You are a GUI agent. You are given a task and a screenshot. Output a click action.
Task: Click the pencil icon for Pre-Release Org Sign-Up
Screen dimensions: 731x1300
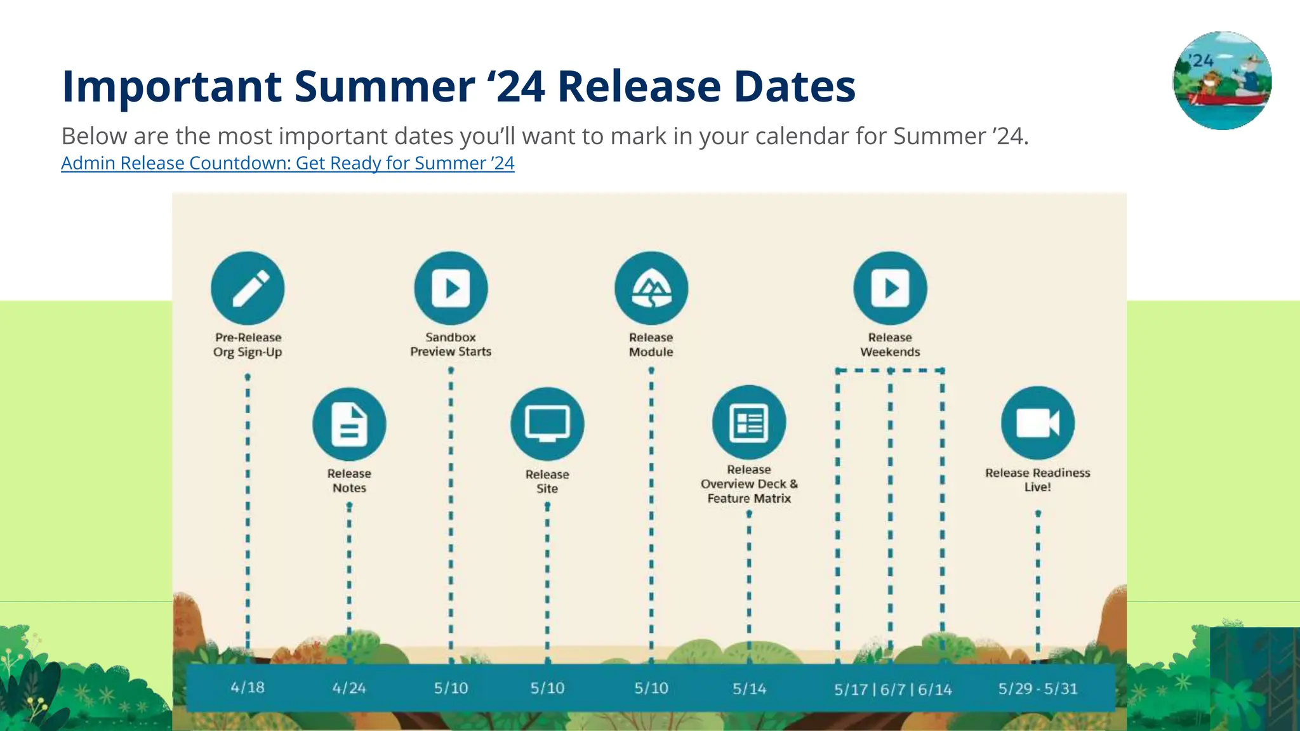coord(248,288)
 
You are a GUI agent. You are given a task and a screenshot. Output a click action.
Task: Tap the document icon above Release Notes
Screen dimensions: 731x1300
coord(349,424)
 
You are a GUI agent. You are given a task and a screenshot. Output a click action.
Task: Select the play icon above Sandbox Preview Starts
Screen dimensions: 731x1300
coord(451,288)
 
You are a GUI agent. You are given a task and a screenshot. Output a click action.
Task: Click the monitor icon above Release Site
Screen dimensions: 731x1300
coord(547,424)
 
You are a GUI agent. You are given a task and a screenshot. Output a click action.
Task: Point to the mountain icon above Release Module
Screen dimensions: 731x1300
coord(651,288)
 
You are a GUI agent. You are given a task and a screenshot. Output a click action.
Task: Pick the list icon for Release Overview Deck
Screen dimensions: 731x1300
coord(749,422)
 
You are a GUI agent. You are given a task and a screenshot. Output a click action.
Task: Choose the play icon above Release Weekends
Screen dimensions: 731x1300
coord(890,288)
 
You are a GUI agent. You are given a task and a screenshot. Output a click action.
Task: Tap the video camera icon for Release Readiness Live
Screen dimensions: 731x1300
coord(1038,423)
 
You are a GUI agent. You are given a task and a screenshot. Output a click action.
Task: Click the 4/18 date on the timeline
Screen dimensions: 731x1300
coord(248,687)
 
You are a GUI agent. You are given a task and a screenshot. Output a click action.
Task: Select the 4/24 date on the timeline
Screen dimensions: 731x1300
coord(349,688)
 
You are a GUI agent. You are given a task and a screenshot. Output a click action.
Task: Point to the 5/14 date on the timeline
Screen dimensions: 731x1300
coord(749,688)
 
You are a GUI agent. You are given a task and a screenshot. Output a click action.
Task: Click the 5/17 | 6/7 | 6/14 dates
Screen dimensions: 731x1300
coord(892,689)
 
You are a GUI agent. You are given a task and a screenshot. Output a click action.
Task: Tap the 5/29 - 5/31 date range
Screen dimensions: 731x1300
coord(1038,688)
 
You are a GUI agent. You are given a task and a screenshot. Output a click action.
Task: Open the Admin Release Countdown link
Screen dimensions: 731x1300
coord(288,163)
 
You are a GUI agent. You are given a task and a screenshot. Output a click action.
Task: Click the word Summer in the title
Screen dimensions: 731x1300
coord(384,86)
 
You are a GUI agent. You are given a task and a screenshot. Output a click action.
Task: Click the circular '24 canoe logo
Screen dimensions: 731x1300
coord(1222,81)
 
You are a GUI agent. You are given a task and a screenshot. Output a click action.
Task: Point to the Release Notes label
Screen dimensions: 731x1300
coord(349,480)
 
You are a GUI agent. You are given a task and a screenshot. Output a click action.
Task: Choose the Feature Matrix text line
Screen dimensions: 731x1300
coord(749,499)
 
